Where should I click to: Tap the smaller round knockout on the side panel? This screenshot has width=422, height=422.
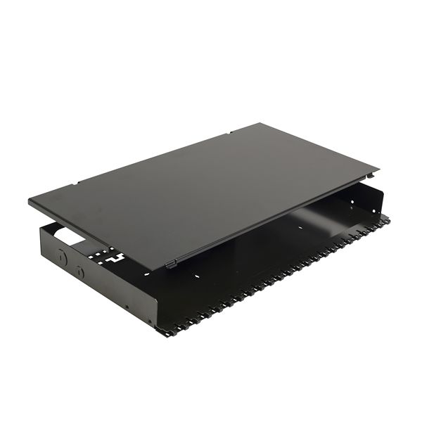tap(79, 270)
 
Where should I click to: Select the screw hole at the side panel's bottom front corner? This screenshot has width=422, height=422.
tap(127, 305)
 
